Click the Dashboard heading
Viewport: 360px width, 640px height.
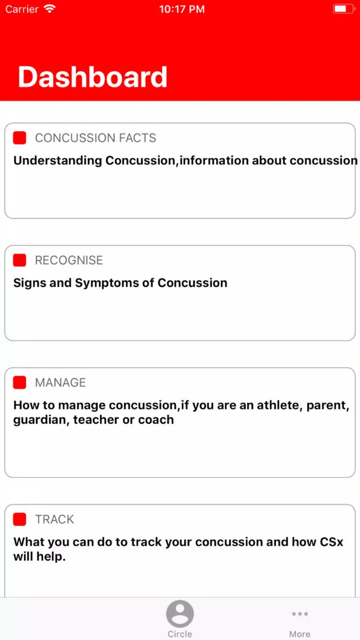tap(92, 77)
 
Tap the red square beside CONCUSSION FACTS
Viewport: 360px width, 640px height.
tap(20, 137)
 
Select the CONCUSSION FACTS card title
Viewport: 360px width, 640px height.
tap(96, 138)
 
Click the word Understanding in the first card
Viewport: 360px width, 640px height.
tap(57, 161)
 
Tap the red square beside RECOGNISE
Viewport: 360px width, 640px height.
tap(20, 260)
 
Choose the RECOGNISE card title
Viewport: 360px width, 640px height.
tap(69, 260)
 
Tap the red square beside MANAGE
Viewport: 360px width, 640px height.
tap(20, 383)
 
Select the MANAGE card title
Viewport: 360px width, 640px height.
tap(60, 383)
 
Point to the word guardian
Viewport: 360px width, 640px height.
tap(41, 420)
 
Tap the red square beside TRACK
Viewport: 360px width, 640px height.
tap(20, 519)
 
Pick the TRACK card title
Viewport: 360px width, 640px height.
tap(54, 519)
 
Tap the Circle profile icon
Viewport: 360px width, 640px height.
tap(180, 614)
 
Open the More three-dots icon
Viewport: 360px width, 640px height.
tap(300, 614)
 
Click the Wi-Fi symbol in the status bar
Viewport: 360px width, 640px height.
tap(50, 8)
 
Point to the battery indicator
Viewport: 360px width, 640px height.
tap(343, 9)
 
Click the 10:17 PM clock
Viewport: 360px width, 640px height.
tap(182, 9)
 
